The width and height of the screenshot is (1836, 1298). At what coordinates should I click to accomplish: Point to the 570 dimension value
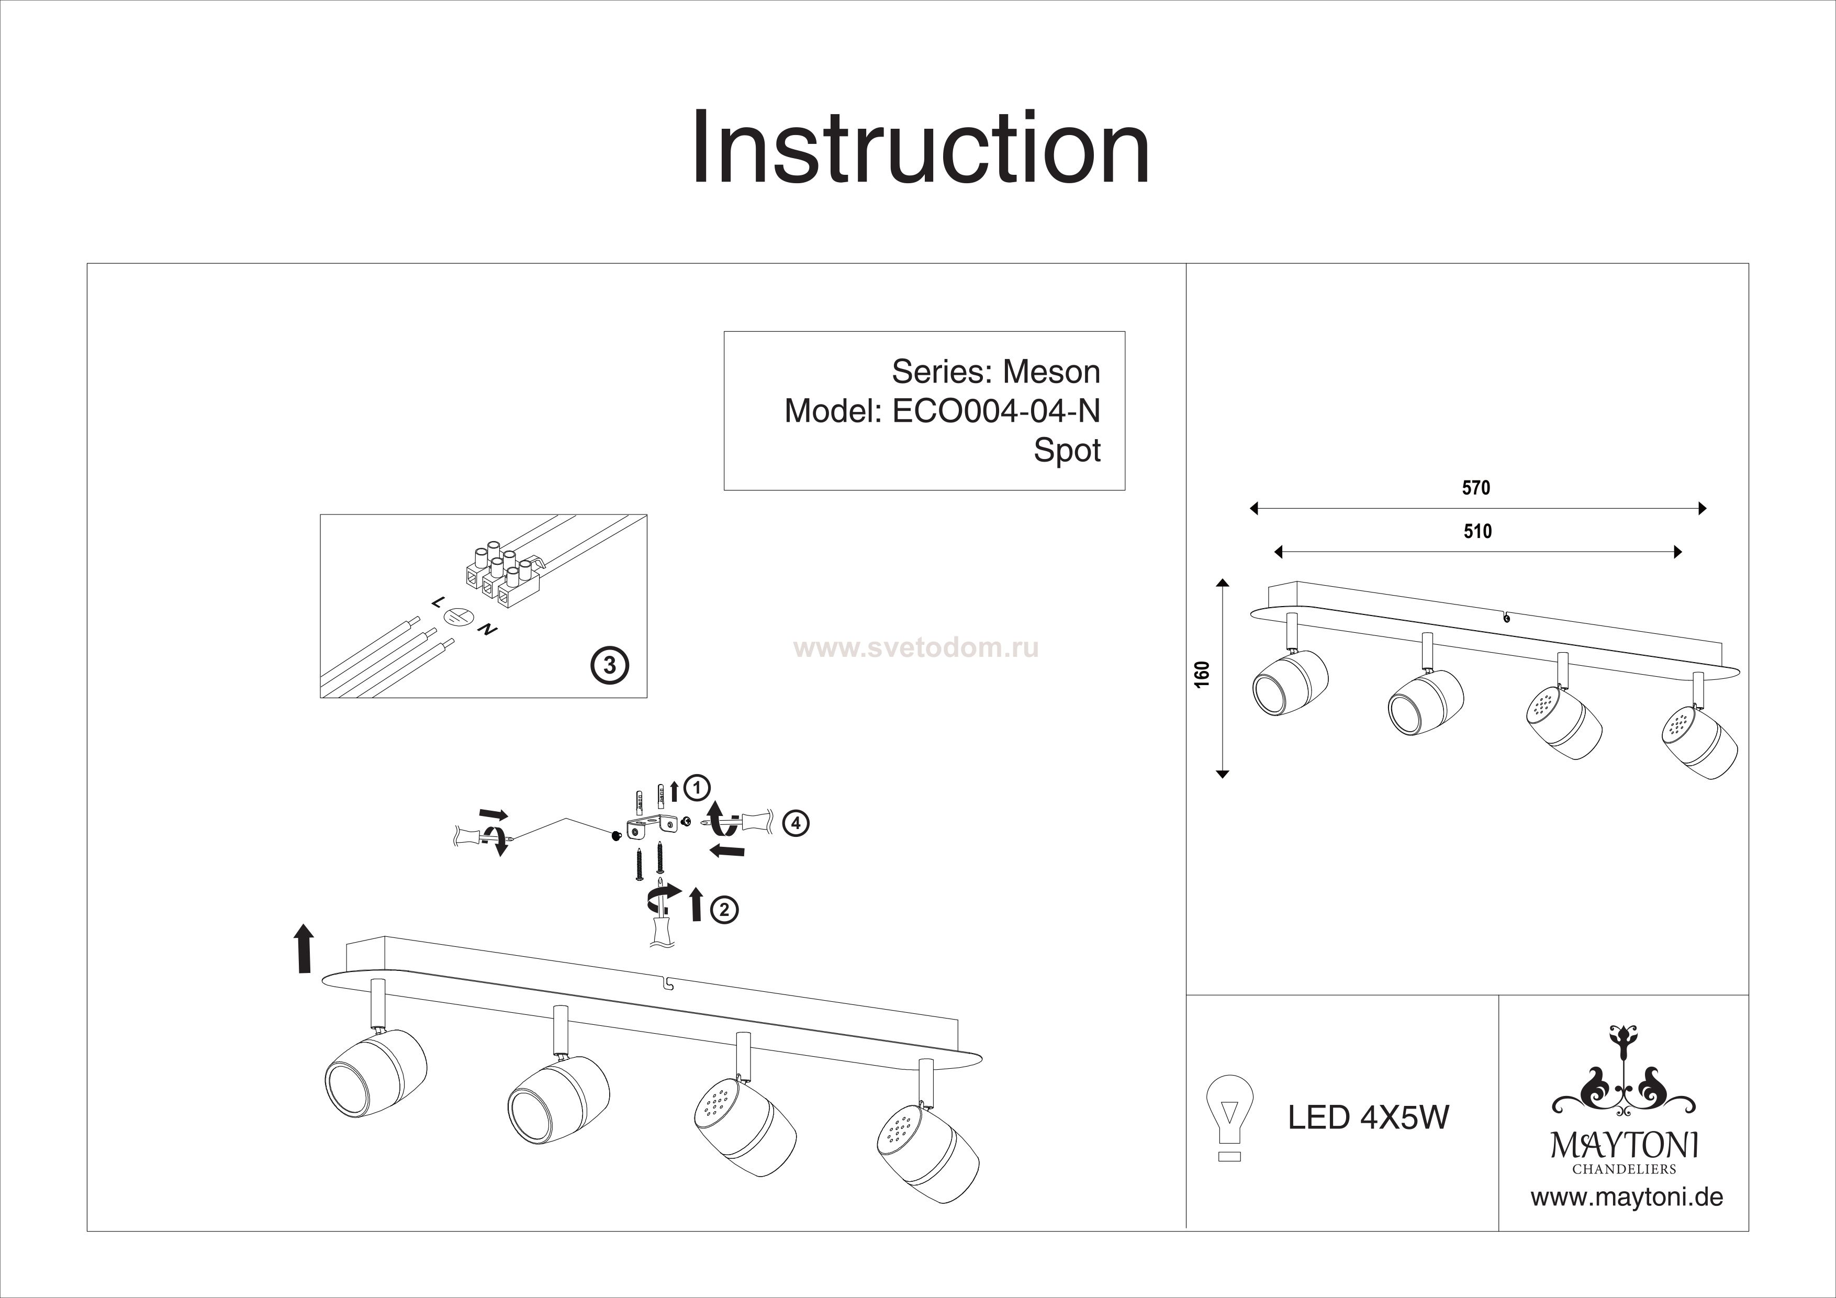pyautogui.click(x=1475, y=488)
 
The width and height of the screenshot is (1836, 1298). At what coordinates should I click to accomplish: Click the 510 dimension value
pyautogui.click(x=1477, y=532)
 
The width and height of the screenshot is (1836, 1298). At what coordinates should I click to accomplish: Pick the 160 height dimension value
pyautogui.click(x=1201, y=674)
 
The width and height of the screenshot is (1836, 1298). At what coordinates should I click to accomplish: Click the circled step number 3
pyautogui.click(x=609, y=665)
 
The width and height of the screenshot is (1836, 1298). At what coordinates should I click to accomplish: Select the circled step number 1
pyautogui.click(x=697, y=788)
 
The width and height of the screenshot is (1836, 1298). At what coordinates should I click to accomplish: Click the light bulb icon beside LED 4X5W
pyautogui.click(x=1229, y=1116)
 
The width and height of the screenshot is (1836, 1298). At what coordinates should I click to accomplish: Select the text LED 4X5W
pyautogui.click(x=1368, y=1117)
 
